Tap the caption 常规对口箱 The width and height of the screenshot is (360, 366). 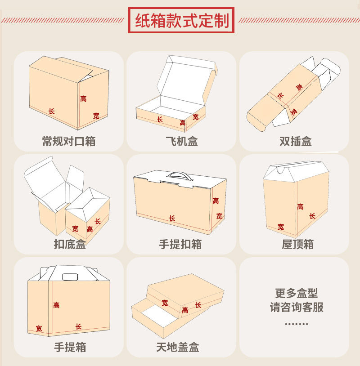[x=68, y=141]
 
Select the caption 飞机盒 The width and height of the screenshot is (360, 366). [x=181, y=141]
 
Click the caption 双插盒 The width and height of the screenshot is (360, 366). [x=295, y=141]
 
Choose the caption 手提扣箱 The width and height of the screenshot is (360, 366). [x=180, y=244]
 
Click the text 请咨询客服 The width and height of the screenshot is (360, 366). [x=297, y=308]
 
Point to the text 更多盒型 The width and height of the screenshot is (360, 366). [x=297, y=294]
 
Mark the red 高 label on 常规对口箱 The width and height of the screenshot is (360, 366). [x=83, y=98]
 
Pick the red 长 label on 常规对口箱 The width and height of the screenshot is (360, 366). [x=51, y=111]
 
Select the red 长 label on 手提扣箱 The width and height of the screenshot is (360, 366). [x=172, y=218]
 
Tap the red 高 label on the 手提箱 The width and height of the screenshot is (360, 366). [x=56, y=305]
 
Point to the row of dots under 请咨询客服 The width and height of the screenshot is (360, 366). [x=297, y=324]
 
